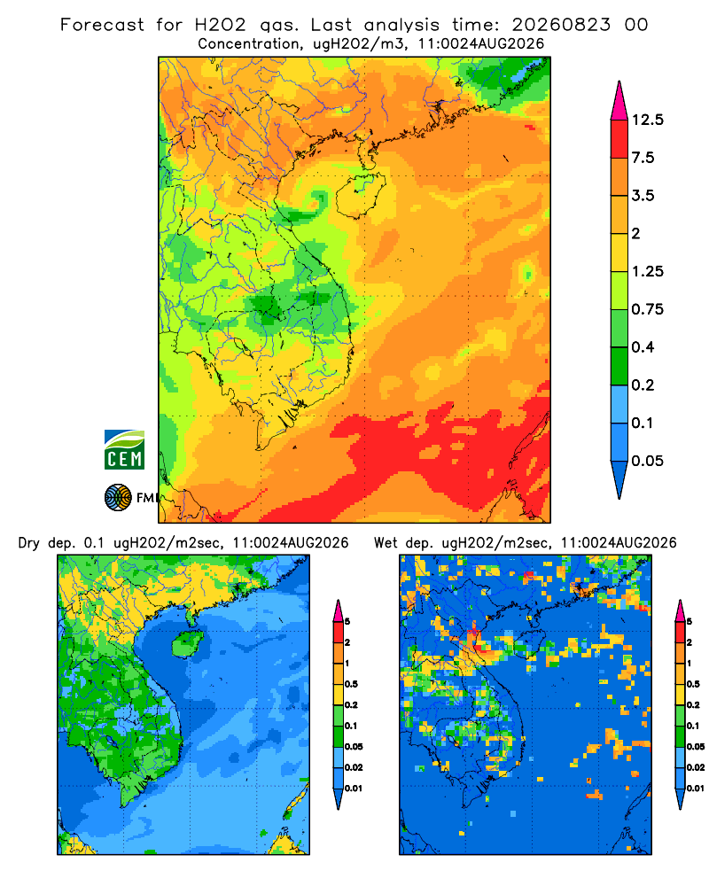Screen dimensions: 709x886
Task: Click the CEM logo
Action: (124, 449)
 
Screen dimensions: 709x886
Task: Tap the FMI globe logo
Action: (118, 497)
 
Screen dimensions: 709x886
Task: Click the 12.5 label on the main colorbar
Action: (647, 120)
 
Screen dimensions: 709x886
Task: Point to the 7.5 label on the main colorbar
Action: (643, 158)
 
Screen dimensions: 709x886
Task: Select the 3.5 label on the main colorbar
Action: (643, 196)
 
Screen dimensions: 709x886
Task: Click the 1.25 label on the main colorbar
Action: (647, 271)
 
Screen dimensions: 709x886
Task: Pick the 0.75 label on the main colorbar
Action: (647, 309)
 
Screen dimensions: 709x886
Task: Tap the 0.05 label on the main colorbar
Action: (647, 461)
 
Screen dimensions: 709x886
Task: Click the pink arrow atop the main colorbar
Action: (619, 102)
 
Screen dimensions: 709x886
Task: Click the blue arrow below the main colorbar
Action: (619, 478)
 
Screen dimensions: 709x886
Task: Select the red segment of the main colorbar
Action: (619, 139)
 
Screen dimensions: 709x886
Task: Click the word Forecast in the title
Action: (102, 25)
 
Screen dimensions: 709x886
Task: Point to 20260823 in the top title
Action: (561, 25)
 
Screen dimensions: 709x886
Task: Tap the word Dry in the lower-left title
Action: (29, 543)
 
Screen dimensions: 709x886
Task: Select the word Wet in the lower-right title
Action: (386, 543)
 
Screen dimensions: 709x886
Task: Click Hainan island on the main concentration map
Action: (361, 195)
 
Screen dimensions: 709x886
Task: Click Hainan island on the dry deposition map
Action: (187, 644)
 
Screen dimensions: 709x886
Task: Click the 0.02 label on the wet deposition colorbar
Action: (696, 767)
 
